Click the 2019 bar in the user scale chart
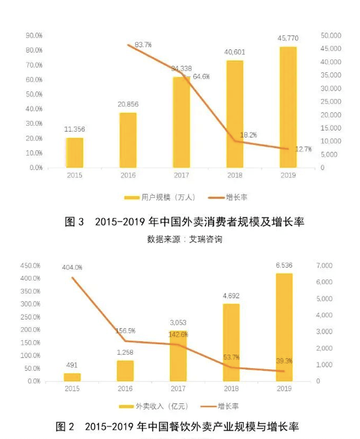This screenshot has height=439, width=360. coord(287,107)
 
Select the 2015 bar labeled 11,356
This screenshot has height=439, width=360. coord(74,153)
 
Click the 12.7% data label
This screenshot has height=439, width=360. coord(303,149)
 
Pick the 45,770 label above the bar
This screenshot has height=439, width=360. coord(288,39)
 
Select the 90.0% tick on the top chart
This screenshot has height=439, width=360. coord(34,36)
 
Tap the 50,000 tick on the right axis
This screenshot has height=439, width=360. coord(331,36)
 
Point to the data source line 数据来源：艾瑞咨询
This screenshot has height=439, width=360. coord(185,239)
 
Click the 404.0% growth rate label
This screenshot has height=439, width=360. coord(73,267)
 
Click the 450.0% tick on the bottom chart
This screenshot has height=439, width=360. coord(30,265)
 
